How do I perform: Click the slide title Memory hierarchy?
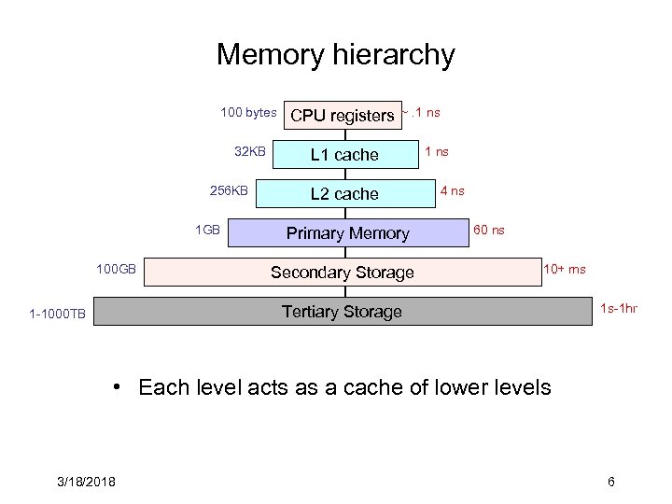click(x=335, y=54)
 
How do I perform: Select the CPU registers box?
click(x=342, y=116)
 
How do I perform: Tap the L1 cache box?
click(x=344, y=155)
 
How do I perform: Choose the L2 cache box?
click(x=344, y=194)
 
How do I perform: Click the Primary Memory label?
click(x=347, y=233)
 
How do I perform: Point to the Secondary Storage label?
click(x=342, y=273)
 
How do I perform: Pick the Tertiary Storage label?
click(x=342, y=312)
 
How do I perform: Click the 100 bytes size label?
click(x=248, y=113)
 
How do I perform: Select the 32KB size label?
click(x=250, y=151)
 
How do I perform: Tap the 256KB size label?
click(x=230, y=191)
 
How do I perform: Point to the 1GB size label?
click(x=207, y=230)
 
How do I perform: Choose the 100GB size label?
click(x=117, y=270)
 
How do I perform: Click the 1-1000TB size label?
click(x=57, y=315)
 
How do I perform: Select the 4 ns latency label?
click(x=452, y=191)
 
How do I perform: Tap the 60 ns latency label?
click(x=489, y=230)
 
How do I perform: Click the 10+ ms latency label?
click(x=565, y=270)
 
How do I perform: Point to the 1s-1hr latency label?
click(x=619, y=308)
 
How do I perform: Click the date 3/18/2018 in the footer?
click(x=84, y=482)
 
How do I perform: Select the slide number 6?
click(x=610, y=482)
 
